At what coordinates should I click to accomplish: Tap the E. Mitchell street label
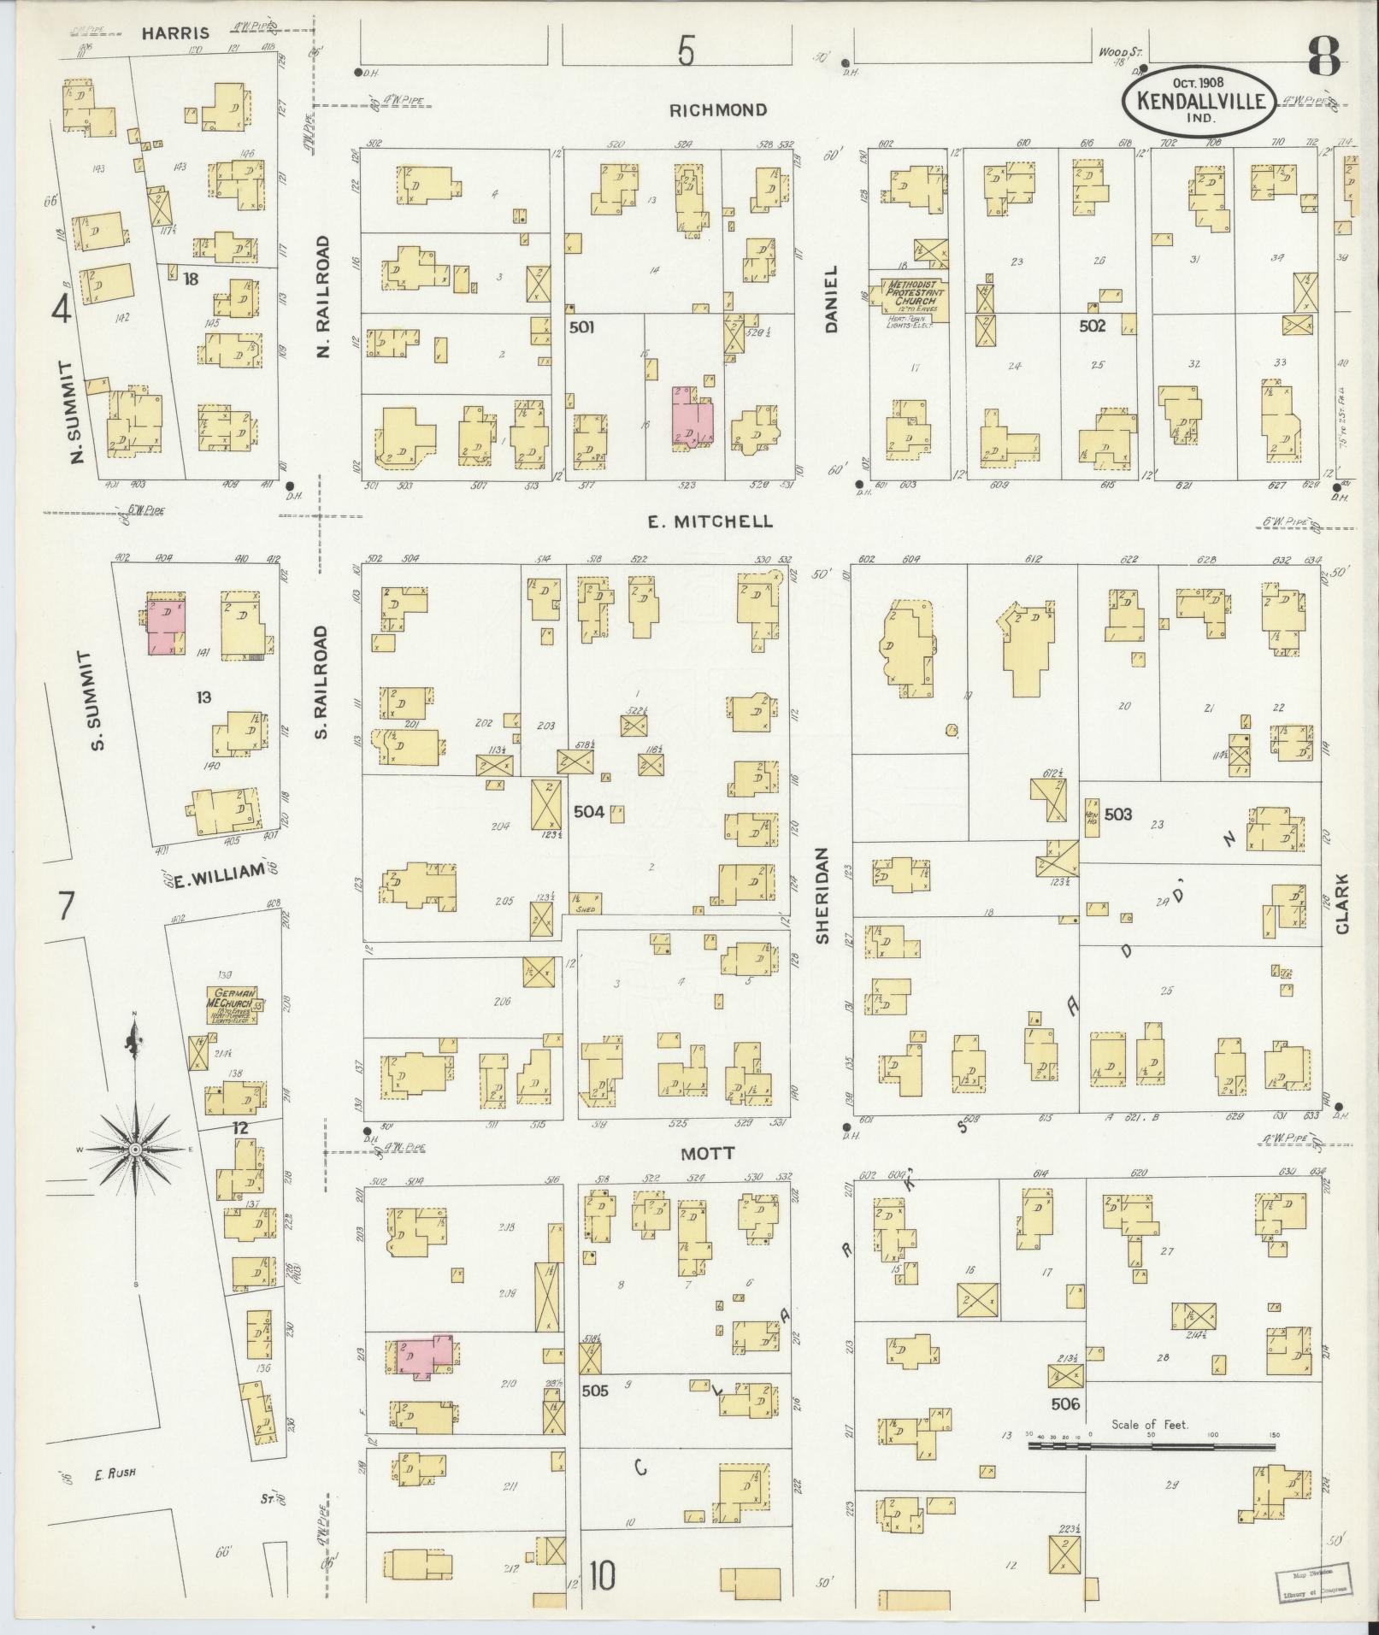(709, 520)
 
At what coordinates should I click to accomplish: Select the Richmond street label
(717, 110)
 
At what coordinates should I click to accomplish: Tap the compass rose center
(135, 1151)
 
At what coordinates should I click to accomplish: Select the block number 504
(589, 812)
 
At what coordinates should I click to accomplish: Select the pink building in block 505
(422, 1358)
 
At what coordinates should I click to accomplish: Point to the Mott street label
(707, 1153)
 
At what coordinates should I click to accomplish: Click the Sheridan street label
(822, 895)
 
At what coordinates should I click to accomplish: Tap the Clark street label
(1341, 903)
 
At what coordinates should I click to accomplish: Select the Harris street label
(175, 34)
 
